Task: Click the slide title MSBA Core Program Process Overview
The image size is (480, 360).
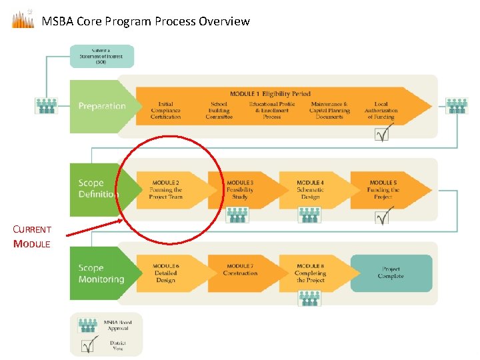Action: (145, 21)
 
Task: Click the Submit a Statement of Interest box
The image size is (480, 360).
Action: (102, 56)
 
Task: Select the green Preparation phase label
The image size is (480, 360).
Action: (101, 106)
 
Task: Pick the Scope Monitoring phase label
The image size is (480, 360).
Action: (101, 273)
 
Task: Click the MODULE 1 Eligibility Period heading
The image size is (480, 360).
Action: (270, 94)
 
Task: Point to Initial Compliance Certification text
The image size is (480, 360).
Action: (165, 111)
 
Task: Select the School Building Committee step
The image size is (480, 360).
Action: (219, 111)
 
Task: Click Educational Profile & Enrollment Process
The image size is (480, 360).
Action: (272, 111)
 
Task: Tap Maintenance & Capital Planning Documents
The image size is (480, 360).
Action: (329, 111)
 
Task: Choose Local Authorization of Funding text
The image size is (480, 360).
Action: (381, 111)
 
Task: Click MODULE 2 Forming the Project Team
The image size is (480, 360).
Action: (166, 189)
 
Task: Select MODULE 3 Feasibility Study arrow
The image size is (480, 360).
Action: (240, 189)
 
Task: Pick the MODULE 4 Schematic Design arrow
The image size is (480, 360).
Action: (310, 189)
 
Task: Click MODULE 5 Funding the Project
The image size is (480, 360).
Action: (383, 189)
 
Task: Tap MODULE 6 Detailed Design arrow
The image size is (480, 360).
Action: (166, 273)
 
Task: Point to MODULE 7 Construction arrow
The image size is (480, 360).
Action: (240, 273)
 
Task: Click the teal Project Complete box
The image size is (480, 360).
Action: (391, 273)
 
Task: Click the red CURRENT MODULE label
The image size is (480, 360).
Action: (32, 237)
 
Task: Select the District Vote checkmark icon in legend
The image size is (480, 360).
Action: (88, 346)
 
